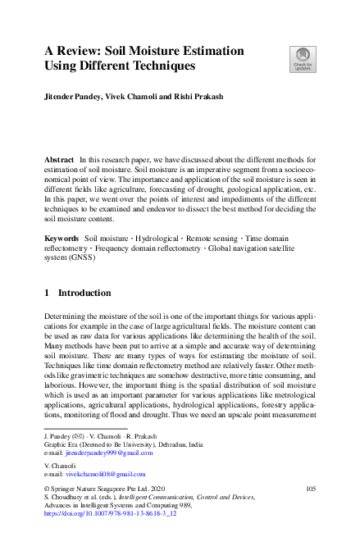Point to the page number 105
310,489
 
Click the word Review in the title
87,51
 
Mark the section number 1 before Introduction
47,292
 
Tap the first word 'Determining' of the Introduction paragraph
68,315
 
